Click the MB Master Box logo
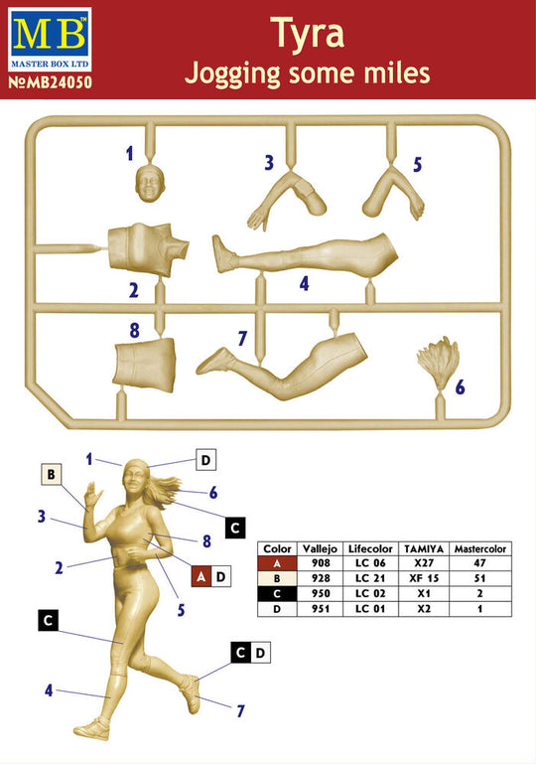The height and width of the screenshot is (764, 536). tap(50, 40)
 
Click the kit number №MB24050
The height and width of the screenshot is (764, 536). tap(51, 81)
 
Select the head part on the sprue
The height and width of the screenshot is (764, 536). tap(150, 183)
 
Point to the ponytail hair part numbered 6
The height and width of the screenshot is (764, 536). tap(438, 363)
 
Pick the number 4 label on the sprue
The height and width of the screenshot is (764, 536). tap(305, 283)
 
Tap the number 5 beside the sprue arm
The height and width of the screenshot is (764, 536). tap(417, 165)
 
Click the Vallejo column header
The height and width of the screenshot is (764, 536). tap(320, 548)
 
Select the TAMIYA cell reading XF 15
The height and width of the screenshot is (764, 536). tap(424, 578)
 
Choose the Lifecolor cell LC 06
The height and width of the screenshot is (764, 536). tap(370, 563)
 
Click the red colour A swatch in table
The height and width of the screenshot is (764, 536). tap(277, 563)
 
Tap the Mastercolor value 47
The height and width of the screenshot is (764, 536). tap(480, 563)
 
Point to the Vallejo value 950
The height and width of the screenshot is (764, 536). tap(321, 593)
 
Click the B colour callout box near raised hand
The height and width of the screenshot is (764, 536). tap(52, 474)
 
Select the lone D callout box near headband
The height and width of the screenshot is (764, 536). tap(205, 460)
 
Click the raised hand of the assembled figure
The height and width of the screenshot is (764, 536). tap(92, 496)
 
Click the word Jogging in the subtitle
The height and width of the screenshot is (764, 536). tap(232, 75)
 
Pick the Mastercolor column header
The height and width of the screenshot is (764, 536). tap(480, 548)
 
